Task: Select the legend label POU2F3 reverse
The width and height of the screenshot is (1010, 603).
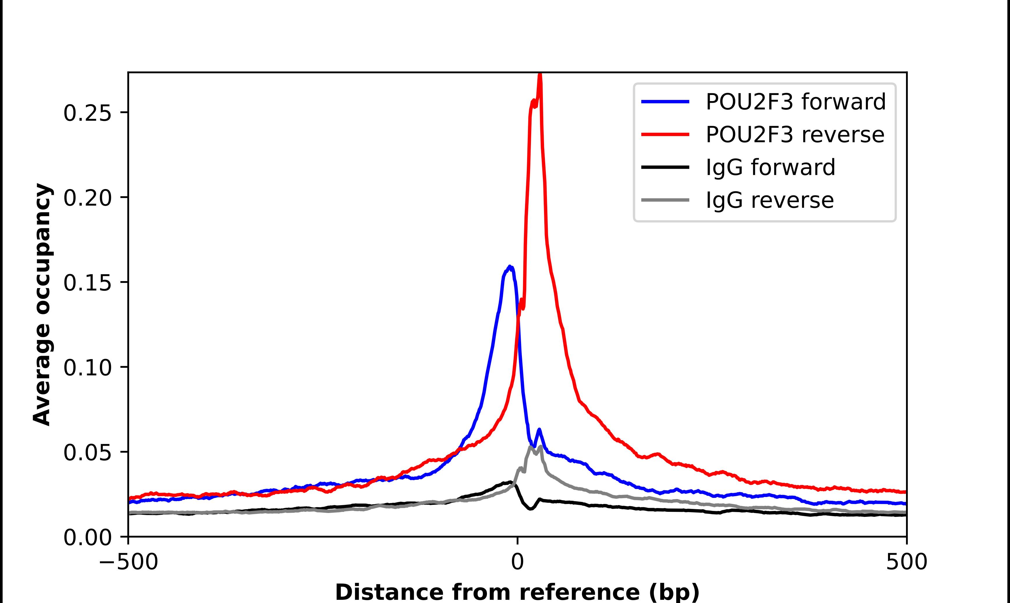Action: (795, 135)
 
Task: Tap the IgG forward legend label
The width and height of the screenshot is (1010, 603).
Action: (770, 167)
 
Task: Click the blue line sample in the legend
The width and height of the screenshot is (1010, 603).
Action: (665, 102)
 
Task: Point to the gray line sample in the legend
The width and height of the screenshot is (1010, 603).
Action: (665, 200)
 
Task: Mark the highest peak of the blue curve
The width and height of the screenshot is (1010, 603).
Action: (510, 267)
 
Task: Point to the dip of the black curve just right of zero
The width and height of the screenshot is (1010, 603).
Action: (530, 509)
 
